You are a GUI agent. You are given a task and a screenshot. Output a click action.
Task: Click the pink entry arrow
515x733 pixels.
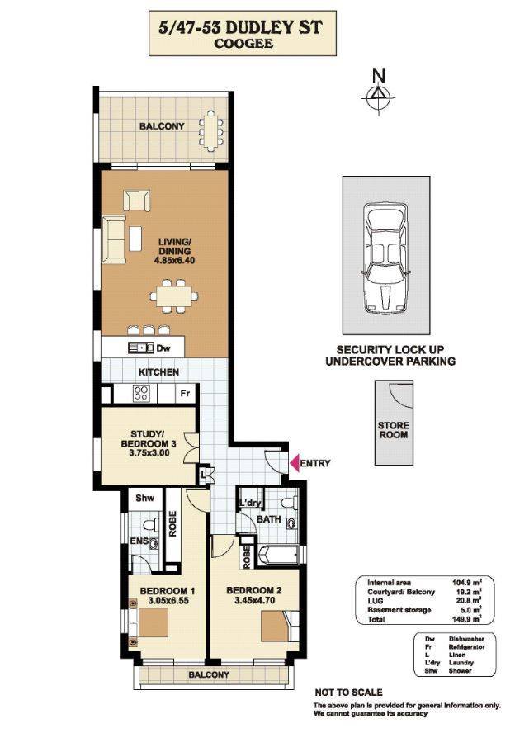tap(295, 463)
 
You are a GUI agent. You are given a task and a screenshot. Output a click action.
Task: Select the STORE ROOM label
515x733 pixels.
tap(394, 430)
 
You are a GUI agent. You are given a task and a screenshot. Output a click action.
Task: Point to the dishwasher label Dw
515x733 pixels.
tap(163, 348)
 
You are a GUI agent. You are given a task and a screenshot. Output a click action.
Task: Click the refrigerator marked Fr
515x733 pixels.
tap(186, 393)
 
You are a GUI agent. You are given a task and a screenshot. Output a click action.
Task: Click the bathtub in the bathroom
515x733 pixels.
tap(277, 556)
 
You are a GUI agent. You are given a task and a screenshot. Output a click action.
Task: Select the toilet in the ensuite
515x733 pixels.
tap(149, 524)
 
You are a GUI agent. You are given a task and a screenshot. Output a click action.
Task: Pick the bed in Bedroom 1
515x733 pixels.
tap(149, 623)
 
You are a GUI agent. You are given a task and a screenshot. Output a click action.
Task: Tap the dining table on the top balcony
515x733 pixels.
tap(211, 130)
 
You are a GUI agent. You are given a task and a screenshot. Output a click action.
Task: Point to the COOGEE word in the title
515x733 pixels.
tap(243, 44)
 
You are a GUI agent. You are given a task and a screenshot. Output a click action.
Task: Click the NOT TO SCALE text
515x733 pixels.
tap(348, 693)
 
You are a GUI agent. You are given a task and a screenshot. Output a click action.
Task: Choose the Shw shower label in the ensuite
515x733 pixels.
tap(145, 498)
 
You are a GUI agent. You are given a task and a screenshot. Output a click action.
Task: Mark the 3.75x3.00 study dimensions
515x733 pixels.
tap(145, 452)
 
